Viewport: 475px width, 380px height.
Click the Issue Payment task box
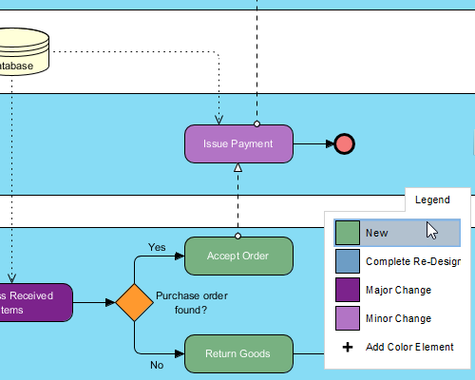click(237, 143)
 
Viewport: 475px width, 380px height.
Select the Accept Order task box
click(237, 256)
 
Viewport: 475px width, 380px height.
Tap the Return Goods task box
click(237, 353)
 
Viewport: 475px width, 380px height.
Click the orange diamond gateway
click(134, 303)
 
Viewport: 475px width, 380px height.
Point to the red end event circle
click(344, 143)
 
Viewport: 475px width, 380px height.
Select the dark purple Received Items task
click(33, 302)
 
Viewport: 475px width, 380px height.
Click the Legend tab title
click(432, 200)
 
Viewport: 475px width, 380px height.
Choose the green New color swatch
click(348, 233)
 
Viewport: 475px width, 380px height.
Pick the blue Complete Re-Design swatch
click(348, 261)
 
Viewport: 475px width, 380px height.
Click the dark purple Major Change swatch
click(348, 290)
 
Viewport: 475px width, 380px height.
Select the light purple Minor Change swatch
click(348, 318)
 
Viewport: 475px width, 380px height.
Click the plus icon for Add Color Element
click(348, 347)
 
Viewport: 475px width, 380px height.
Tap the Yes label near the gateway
click(157, 247)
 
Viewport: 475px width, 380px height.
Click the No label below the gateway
click(157, 364)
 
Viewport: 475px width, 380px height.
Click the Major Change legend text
click(398, 290)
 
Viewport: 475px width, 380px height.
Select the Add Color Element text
click(409, 347)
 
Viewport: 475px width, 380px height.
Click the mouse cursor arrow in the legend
click(431, 230)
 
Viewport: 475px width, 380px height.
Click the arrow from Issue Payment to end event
click(313, 143)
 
